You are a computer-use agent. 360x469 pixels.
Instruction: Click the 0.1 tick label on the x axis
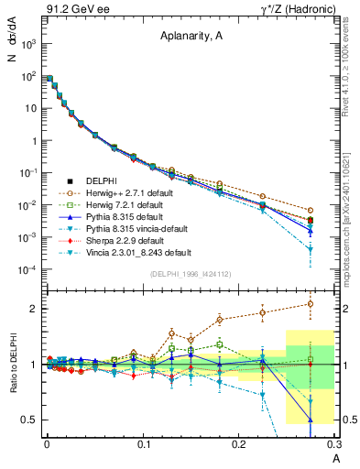tap(144, 442)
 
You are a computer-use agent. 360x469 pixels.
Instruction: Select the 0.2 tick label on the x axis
tap(238, 442)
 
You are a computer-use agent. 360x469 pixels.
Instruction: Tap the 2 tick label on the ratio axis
tap(33, 309)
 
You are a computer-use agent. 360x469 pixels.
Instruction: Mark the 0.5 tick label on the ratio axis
tap(29, 420)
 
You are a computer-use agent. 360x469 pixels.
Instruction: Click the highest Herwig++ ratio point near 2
tap(310, 304)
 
